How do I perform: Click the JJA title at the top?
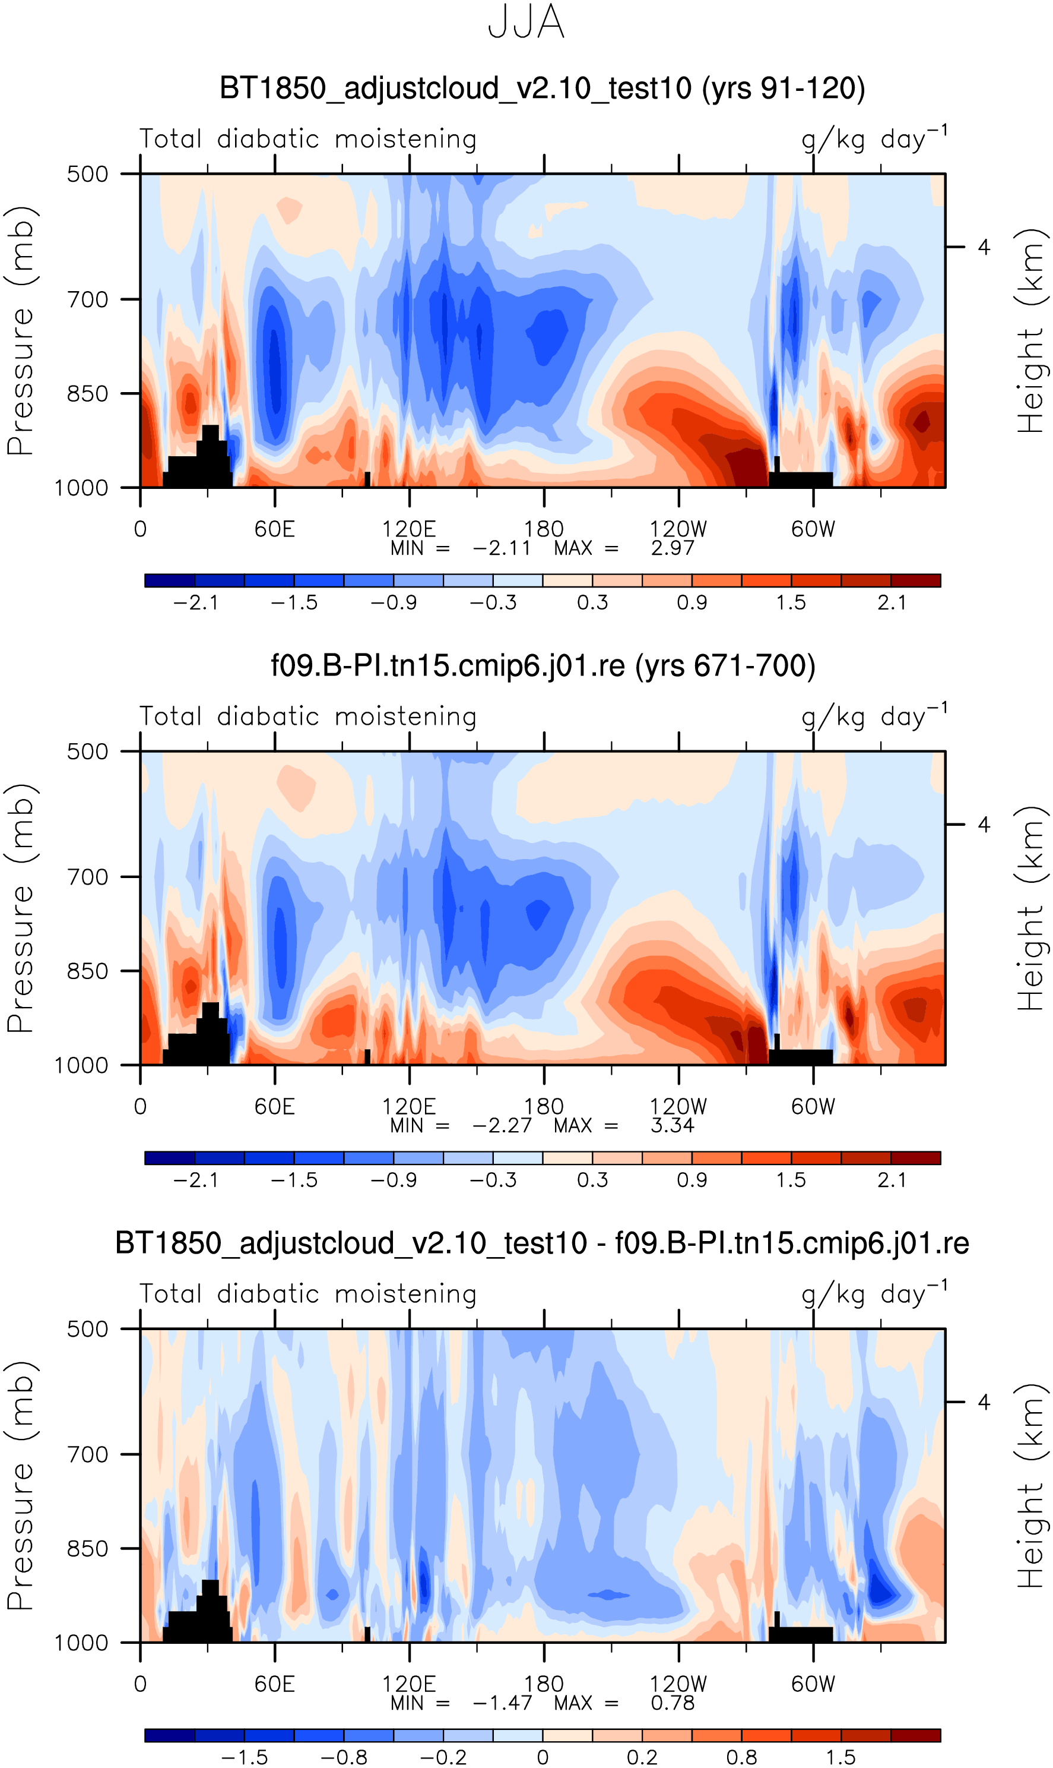click(x=526, y=22)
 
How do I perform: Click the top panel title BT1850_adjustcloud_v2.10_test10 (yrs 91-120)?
click(x=542, y=89)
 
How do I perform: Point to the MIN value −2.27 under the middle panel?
click(x=502, y=1125)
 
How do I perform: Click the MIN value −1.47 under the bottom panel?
click(x=502, y=1703)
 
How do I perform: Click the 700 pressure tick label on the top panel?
click(x=87, y=299)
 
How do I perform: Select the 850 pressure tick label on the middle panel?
click(x=87, y=971)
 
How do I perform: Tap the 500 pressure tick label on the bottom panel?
click(x=87, y=1329)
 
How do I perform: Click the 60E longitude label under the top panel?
click(x=275, y=529)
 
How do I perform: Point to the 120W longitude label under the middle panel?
click(x=678, y=1106)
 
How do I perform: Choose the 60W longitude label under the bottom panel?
click(x=813, y=1684)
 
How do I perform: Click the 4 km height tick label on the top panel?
click(x=984, y=247)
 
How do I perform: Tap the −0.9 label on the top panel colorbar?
click(x=394, y=603)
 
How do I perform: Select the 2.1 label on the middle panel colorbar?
click(x=891, y=1180)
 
